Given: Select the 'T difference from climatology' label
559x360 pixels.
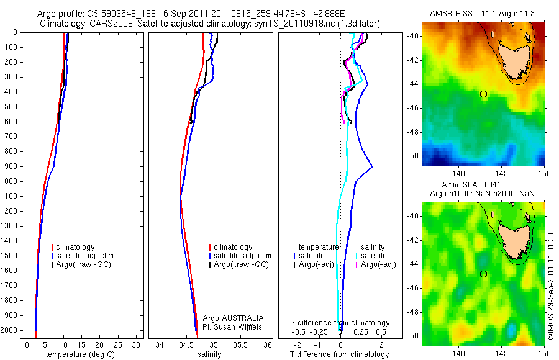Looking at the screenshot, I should click(x=339, y=354).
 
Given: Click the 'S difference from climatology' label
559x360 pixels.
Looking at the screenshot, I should click(x=340, y=323).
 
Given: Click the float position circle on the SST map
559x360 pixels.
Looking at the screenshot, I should click(x=483, y=94).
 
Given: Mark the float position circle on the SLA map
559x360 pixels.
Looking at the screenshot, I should click(x=483, y=274).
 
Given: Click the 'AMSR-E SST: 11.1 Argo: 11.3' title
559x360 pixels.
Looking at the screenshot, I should click(x=483, y=14).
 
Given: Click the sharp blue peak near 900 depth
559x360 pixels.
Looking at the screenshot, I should click(x=371, y=166).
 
